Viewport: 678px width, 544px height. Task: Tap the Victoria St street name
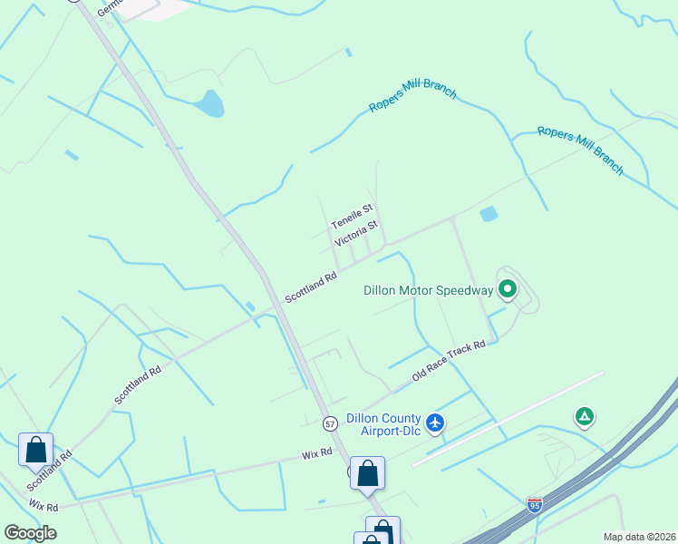click(355, 234)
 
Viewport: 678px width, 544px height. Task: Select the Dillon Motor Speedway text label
click(428, 291)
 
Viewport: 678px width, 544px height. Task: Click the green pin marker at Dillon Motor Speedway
click(508, 289)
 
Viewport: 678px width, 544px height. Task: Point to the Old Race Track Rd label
click(449, 360)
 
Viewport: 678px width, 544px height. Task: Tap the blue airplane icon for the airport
click(436, 423)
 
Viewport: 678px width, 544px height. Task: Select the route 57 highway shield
click(330, 423)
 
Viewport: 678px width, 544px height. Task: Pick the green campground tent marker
click(585, 417)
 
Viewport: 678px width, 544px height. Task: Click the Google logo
click(30, 533)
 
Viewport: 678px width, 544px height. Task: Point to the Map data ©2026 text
click(639, 537)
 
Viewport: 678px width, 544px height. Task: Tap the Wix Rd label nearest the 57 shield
click(317, 452)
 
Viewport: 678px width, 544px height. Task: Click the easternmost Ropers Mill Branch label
click(580, 150)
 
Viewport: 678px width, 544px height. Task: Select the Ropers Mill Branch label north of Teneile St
click(412, 100)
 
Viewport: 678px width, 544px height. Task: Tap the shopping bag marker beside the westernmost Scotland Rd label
click(35, 450)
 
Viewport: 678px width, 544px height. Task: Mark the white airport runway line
click(508, 418)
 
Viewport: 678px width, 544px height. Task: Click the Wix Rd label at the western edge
click(43, 505)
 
